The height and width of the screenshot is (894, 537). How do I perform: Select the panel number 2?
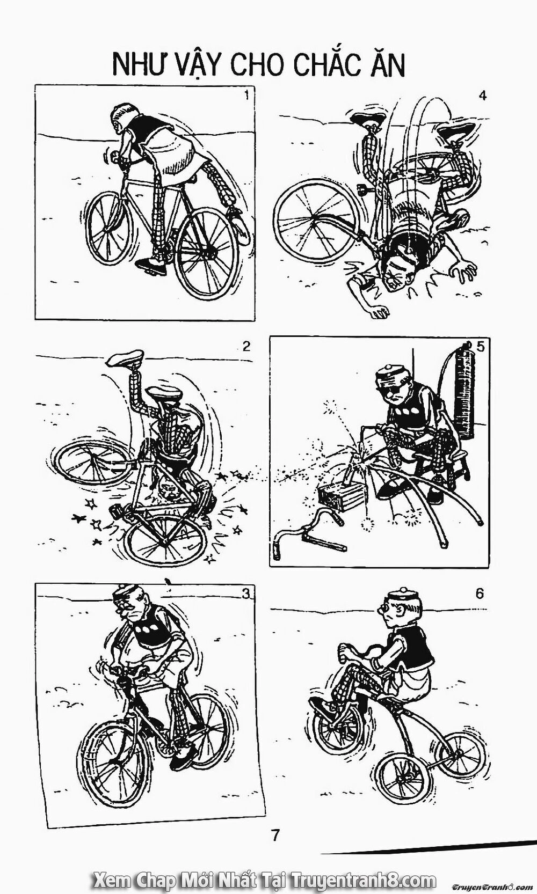[x=246, y=346]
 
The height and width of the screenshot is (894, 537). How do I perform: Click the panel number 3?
[x=246, y=593]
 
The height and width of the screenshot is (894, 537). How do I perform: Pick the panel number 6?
[x=479, y=593]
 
